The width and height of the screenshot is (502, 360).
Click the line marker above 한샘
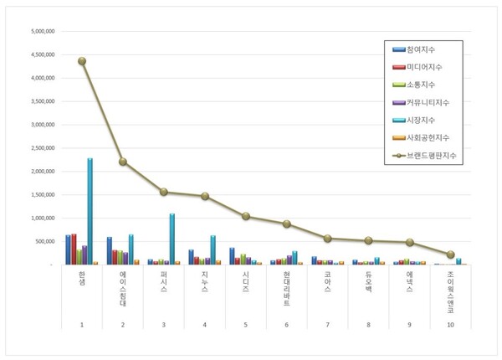point(82,61)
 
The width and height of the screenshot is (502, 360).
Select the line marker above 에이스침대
point(123,162)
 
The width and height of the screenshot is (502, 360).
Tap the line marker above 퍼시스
point(164,192)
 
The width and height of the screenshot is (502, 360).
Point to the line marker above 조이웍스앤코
point(450,255)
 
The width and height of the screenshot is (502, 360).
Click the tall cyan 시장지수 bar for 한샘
point(90,211)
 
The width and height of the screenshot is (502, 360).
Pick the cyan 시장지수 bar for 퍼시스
point(172,239)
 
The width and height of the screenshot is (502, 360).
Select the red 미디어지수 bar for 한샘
point(74,249)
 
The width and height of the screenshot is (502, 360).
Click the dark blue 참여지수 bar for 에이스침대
point(110,250)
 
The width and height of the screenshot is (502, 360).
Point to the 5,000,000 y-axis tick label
point(42,31)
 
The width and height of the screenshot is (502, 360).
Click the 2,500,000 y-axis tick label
point(42,148)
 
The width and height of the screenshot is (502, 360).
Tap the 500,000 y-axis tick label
point(44,241)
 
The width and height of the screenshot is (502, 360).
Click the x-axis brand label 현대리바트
point(287,288)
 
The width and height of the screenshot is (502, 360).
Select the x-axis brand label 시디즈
point(246,280)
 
